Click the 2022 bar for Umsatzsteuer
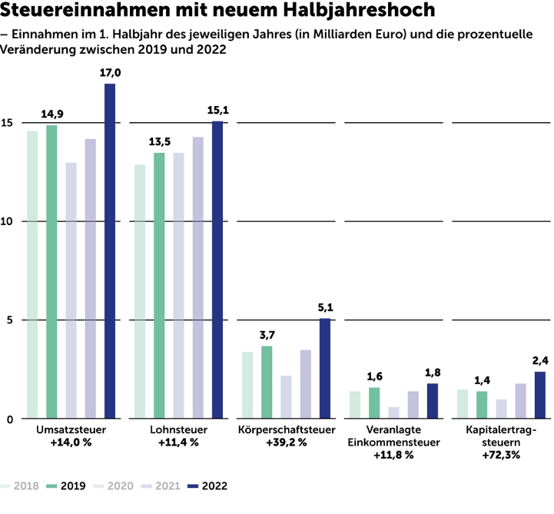[x=110, y=250]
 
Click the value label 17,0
[x=111, y=73]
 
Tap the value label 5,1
[x=325, y=308]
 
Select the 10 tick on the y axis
[x=8, y=221]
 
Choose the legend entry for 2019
[x=66, y=486]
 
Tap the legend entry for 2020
[x=114, y=486]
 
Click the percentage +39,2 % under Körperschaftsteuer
[x=286, y=443]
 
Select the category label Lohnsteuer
[x=178, y=429]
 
